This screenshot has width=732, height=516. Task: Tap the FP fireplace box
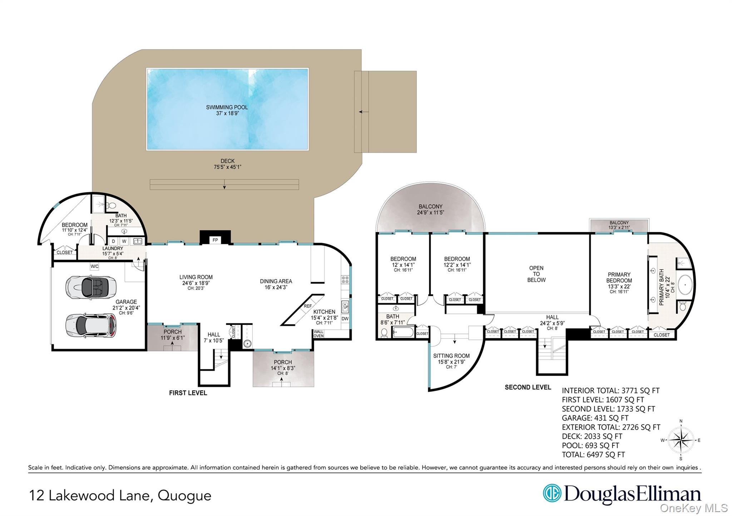215,240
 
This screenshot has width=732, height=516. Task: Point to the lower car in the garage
91,325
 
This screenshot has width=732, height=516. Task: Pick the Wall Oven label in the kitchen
318,334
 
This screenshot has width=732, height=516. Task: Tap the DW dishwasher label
345,319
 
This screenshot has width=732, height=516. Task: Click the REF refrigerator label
308,306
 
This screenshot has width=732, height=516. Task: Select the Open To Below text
536,274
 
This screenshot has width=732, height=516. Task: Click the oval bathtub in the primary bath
685,285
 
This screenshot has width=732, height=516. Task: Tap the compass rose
681,440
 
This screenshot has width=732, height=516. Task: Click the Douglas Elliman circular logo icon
552,493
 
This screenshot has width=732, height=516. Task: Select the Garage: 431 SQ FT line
595,418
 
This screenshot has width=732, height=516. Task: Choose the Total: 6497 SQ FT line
593,455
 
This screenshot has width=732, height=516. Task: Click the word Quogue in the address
184,496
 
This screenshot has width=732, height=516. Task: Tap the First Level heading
188,393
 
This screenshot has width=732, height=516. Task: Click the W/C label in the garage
94,267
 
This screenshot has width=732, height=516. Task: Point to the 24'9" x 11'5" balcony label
430,213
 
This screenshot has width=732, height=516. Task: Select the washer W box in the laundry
124,242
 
